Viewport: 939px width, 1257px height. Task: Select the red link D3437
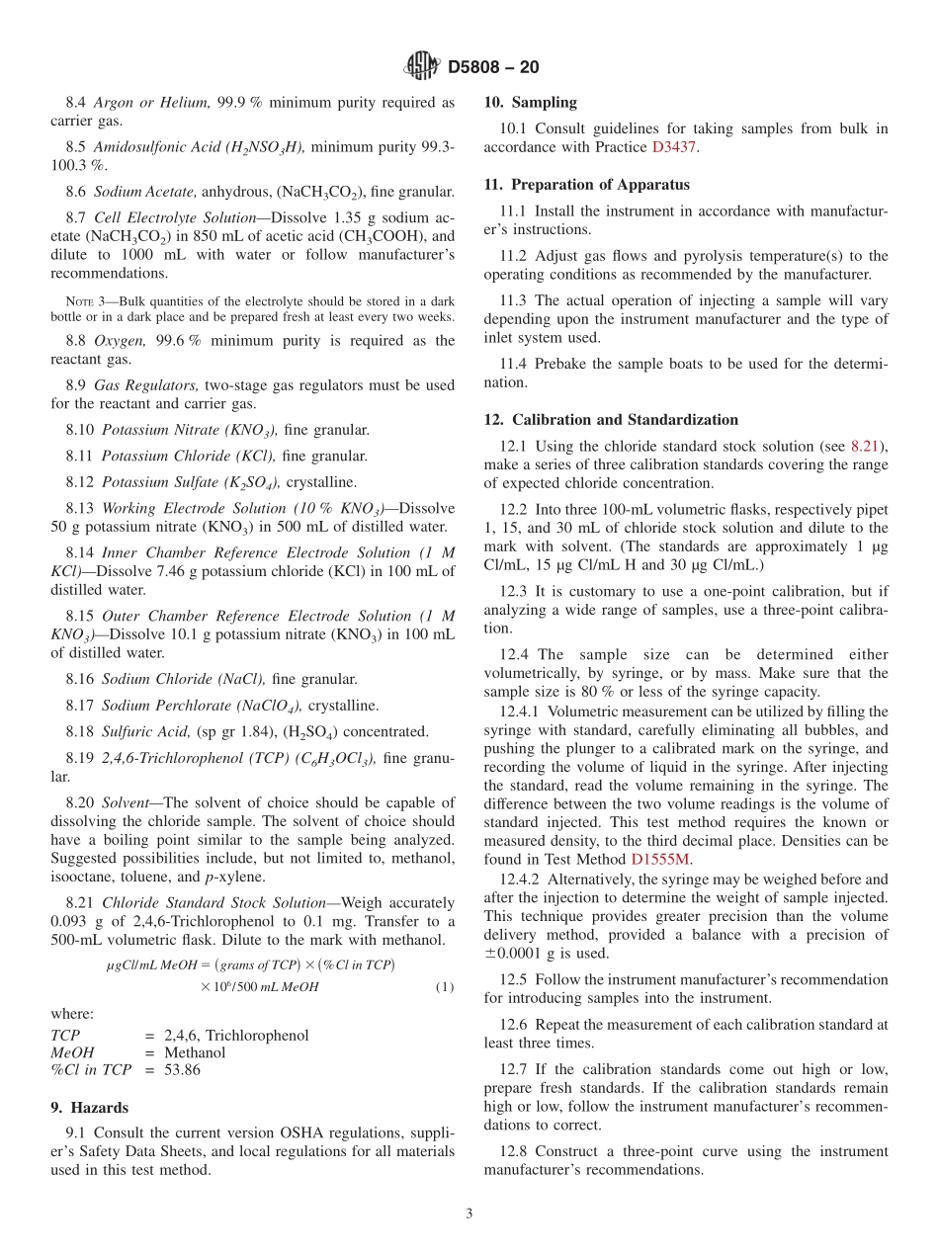tap(672, 147)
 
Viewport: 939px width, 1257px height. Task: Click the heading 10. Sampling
tap(530, 102)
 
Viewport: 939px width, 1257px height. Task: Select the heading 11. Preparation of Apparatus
tap(586, 185)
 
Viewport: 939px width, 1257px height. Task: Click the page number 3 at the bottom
tap(469, 1214)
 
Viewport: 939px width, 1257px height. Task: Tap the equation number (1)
tap(444, 986)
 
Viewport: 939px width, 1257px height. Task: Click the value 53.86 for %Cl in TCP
tap(182, 1070)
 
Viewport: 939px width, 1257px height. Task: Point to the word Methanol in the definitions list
tap(195, 1052)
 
